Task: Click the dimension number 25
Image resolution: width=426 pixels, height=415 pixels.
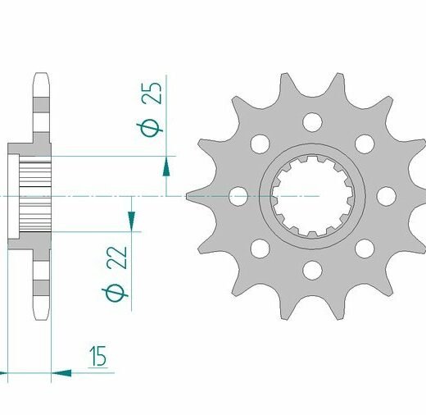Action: [152, 93]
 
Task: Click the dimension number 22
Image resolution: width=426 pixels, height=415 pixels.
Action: [117, 258]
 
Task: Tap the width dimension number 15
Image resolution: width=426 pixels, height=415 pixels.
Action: [98, 356]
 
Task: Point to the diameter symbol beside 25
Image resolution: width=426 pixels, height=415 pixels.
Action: [150, 128]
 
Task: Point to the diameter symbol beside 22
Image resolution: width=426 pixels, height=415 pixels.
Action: [115, 293]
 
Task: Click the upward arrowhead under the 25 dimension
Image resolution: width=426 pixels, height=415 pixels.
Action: [166, 166]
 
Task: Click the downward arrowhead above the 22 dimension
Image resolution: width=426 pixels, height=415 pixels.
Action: [131, 221]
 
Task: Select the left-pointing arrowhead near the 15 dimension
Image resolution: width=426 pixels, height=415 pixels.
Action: [61, 373]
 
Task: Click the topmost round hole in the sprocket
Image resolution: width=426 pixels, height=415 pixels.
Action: [312, 122]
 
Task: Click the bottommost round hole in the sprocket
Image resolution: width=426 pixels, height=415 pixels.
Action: [312, 270]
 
